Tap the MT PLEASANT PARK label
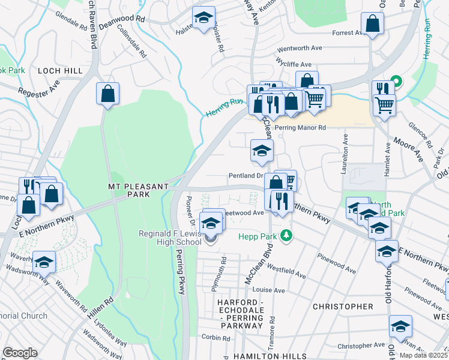point(138,191)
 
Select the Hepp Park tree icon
point(288,235)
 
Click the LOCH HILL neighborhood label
point(60,71)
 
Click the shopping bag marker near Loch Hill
point(107,94)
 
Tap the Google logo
point(20,352)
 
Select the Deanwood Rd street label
point(122,19)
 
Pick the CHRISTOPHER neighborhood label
point(343,307)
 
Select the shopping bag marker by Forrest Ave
point(373,25)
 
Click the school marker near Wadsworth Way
point(44,262)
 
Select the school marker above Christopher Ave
point(400,326)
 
